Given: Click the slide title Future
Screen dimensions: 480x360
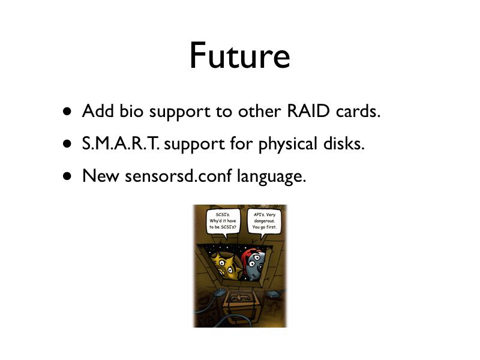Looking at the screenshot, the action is click(x=239, y=55).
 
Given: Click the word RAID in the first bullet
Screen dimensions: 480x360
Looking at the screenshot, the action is click(x=308, y=110).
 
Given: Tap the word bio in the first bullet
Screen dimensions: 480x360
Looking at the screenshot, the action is click(x=131, y=110).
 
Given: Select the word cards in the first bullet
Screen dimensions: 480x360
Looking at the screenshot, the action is click(x=358, y=111).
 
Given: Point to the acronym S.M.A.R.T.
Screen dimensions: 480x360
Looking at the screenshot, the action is click(x=121, y=143).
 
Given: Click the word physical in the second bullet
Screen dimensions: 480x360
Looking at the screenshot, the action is click(x=288, y=144).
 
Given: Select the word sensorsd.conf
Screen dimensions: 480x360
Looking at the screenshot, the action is click(x=178, y=176).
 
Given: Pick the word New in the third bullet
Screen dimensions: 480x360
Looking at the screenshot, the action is click(x=101, y=176).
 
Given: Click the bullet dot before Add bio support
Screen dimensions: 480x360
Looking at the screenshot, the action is click(x=67, y=112).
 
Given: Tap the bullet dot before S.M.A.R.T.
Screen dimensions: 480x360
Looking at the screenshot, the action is click(x=67, y=144).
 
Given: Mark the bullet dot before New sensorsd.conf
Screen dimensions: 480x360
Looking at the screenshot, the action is click(x=67, y=176).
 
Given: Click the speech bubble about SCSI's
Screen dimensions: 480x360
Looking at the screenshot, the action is click(x=223, y=221).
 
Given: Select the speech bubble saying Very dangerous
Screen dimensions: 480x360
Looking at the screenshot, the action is click(x=264, y=221).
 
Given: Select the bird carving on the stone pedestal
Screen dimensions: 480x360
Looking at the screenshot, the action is click(x=239, y=298).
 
